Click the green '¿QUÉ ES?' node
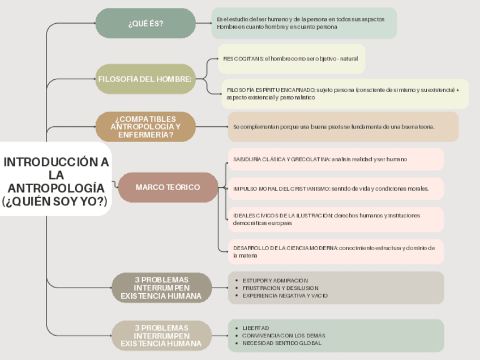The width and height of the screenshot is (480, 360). click(x=145, y=23)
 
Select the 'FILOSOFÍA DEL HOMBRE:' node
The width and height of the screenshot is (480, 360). click(x=145, y=79)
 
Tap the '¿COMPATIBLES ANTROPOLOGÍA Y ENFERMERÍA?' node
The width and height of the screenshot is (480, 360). click(x=145, y=127)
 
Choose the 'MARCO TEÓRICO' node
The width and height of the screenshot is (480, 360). click(x=168, y=187)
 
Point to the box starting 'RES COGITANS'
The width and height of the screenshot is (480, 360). click(x=291, y=59)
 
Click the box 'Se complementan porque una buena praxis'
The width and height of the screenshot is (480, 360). click(x=343, y=127)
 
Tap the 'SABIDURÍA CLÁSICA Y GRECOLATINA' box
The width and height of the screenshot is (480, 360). click(x=336, y=159)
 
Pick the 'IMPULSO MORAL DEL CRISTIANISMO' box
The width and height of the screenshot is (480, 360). click(x=336, y=188)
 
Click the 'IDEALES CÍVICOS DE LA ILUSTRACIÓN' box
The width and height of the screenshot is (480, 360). click(x=336, y=219)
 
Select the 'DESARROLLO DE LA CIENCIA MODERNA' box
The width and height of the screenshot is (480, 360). click(x=336, y=251)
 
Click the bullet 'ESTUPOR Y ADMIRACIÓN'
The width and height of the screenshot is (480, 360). click(x=275, y=281)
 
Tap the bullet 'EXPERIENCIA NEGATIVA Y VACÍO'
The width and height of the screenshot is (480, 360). click(x=285, y=295)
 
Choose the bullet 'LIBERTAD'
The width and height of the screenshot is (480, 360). click(x=256, y=328)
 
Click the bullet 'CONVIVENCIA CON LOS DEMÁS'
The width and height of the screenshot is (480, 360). click(x=284, y=336)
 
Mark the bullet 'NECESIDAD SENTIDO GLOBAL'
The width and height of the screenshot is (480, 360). click(x=281, y=343)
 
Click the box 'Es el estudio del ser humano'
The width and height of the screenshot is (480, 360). click(x=303, y=23)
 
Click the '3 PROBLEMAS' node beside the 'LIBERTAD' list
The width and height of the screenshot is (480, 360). click(x=161, y=336)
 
